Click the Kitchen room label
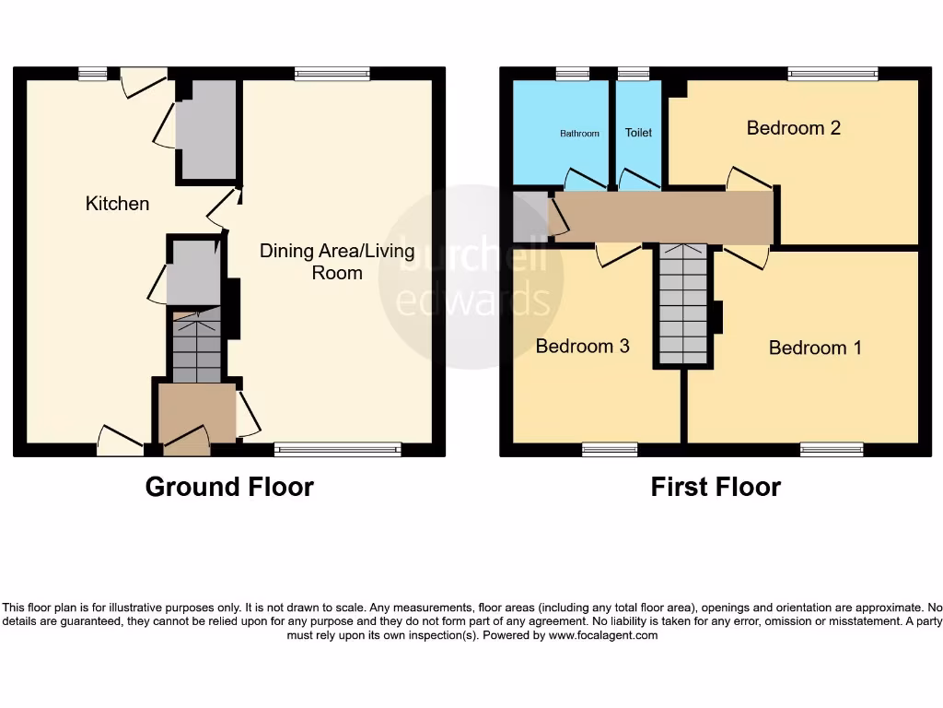click(117, 203)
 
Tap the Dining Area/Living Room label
click(337, 262)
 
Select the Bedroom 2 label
click(793, 127)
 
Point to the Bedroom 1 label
click(815, 348)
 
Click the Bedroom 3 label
click(582, 346)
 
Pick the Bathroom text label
click(579, 134)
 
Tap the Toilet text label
click(638, 133)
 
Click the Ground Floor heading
click(229, 487)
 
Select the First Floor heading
click(716, 487)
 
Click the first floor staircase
click(683, 304)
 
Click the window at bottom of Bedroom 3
click(610, 449)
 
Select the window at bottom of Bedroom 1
click(832, 449)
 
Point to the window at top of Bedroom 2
click(832, 74)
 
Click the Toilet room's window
click(634, 74)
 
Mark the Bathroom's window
click(573, 74)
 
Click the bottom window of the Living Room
click(338, 449)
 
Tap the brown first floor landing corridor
click(663, 218)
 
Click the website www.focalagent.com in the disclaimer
click(603, 635)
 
